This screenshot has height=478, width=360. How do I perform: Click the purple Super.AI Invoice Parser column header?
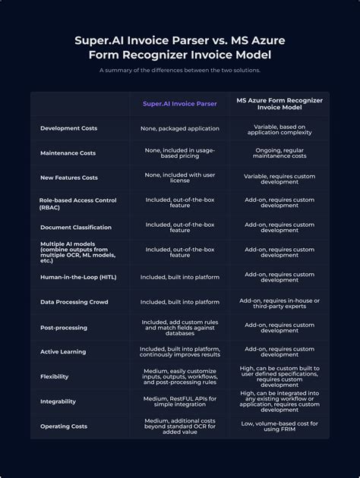pos(179,103)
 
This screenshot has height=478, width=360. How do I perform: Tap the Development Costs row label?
pos(68,128)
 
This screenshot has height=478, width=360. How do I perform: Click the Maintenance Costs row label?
pos(68,153)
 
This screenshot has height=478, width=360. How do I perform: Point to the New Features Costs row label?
pos(68,178)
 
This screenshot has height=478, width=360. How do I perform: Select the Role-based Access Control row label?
pos(78,203)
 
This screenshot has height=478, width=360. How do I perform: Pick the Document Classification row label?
pos(76,227)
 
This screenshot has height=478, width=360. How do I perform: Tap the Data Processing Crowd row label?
pos(74,302)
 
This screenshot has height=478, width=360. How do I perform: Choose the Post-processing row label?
pos(64,328)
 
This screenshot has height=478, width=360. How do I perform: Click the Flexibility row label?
pos(55,376)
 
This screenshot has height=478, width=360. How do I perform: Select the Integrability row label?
pos(58,401)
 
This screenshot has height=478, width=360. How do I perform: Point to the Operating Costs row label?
pos(64,426)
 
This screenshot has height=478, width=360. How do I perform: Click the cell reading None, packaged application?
pos(179,128)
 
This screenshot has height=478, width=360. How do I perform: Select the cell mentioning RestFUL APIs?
pos(179,401)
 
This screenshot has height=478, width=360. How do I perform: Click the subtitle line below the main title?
pos(180,71)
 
